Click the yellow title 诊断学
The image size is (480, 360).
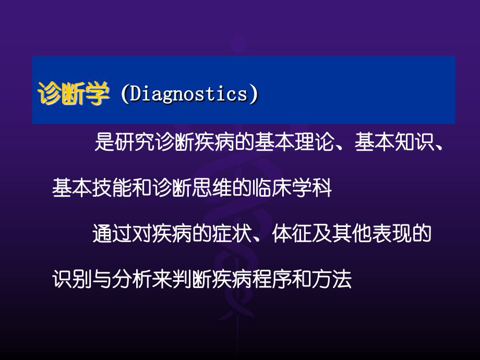tap(73, 95)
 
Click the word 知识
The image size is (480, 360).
tap(410, 142)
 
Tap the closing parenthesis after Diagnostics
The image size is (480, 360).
tap(254, 95)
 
